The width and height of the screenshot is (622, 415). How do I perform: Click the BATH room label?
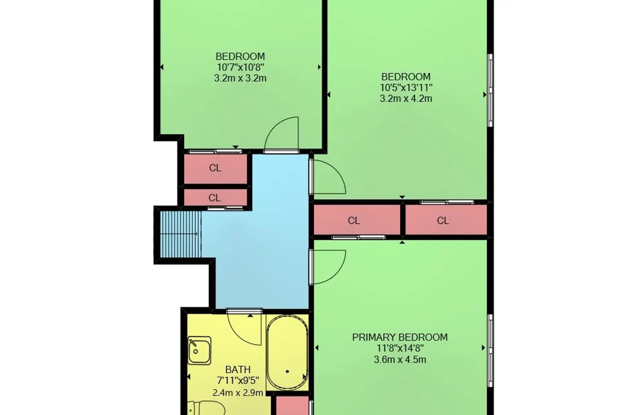coord(238,370)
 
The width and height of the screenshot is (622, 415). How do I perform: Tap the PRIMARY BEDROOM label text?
coord(400,337)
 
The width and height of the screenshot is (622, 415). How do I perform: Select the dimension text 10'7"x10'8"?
coord(241,67)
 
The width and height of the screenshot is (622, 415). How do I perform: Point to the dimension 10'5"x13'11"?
coord(406,88)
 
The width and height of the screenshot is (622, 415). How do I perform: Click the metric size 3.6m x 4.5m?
coord(400,359)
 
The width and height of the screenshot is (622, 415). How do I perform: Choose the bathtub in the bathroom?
coord(287,352)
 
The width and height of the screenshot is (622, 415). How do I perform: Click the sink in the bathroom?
coord(199,351)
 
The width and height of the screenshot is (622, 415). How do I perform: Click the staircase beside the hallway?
coord(181,234)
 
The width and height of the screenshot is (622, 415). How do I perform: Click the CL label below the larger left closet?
coord(214,198)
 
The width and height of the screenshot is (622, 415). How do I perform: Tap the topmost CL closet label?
coord(215,168)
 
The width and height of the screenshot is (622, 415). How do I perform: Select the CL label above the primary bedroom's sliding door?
coord(354,221)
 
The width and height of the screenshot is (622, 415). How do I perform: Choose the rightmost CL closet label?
coord(443,221)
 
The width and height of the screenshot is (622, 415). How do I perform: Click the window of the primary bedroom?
coord(491,351)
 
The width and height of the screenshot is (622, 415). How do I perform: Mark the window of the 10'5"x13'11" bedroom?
coord(491,90)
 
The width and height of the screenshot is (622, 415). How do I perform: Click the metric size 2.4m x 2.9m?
coord(238,393)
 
